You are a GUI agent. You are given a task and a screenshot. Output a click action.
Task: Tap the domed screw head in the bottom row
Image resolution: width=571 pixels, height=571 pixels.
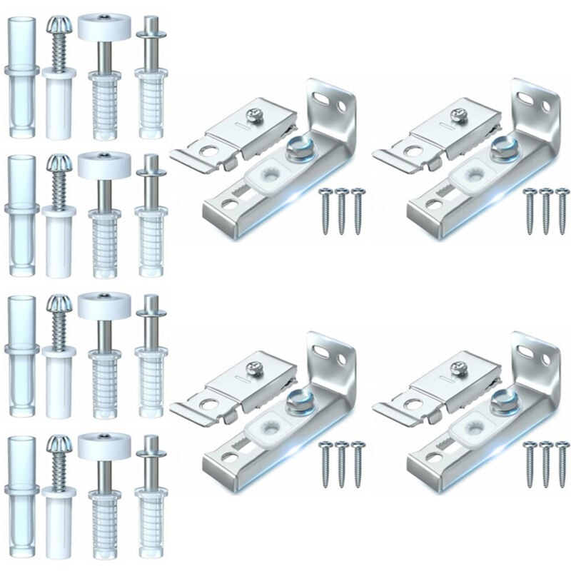[x=56, y=446]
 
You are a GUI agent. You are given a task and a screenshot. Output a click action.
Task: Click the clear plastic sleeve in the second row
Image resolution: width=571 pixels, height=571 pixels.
[x=21, y=211]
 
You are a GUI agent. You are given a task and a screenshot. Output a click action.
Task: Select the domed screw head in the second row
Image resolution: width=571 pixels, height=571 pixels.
[x=56, y=166]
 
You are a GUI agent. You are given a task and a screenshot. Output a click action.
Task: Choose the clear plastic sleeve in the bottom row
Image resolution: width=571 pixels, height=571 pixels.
[x=21, y=492]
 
